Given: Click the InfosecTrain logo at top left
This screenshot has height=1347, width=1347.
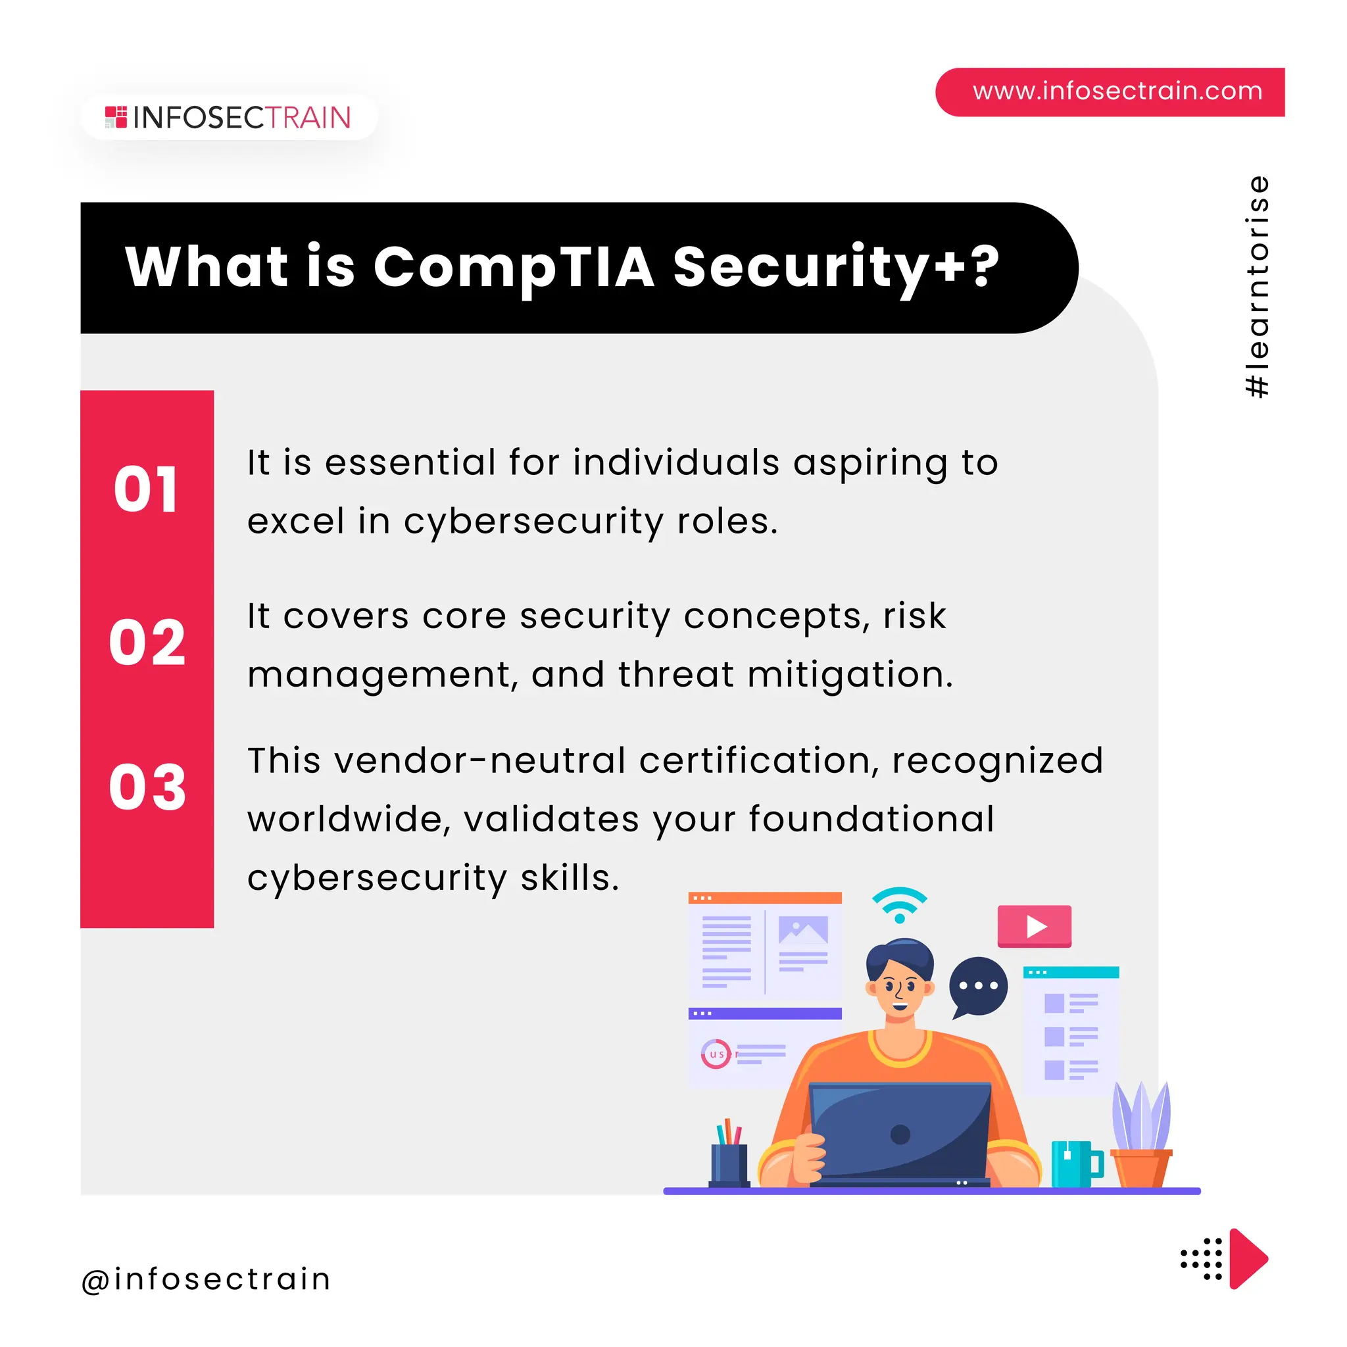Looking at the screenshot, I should coord(228,118).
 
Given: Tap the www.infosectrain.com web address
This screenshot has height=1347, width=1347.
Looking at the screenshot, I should coord(1117,91).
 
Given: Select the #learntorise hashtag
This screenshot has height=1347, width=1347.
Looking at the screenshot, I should coord(1257,287).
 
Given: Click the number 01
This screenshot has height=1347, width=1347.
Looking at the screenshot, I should coord(147,489).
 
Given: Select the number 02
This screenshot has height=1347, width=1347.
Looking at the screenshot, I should coord(147,642).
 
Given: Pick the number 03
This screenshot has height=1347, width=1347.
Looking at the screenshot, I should coord(147,787).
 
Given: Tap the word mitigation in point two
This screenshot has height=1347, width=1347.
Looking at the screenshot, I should coord(849,675).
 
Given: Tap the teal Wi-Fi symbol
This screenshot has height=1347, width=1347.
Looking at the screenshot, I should coord(899,904).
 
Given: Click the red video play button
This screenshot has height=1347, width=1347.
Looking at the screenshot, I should coord(1034,926).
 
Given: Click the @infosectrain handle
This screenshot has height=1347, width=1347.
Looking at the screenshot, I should coord(207,1279).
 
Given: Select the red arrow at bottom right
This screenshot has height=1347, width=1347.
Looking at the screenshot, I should coord(1248,1258).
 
